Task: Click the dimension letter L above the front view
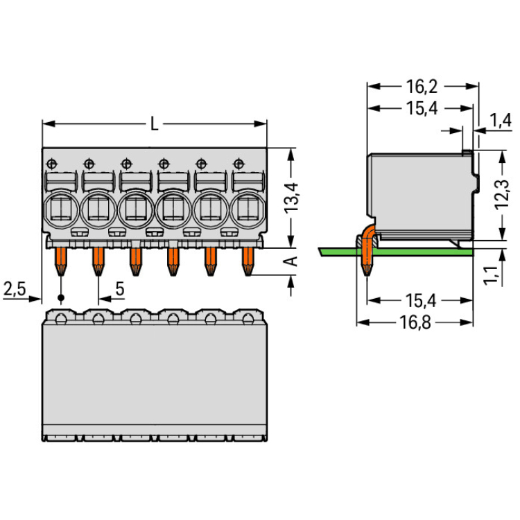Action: tap(154, 124)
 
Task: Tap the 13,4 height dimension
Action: tap(291, 198)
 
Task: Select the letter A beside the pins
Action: tap(291, 261)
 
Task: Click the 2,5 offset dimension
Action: tap(15, 288)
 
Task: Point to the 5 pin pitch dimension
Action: tap(120, 288)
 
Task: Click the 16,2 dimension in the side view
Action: tap(422, 87)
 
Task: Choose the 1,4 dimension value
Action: tap(501, 121)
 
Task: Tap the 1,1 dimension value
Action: tap(492, 275)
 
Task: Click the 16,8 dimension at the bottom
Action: tap(415, 322)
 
